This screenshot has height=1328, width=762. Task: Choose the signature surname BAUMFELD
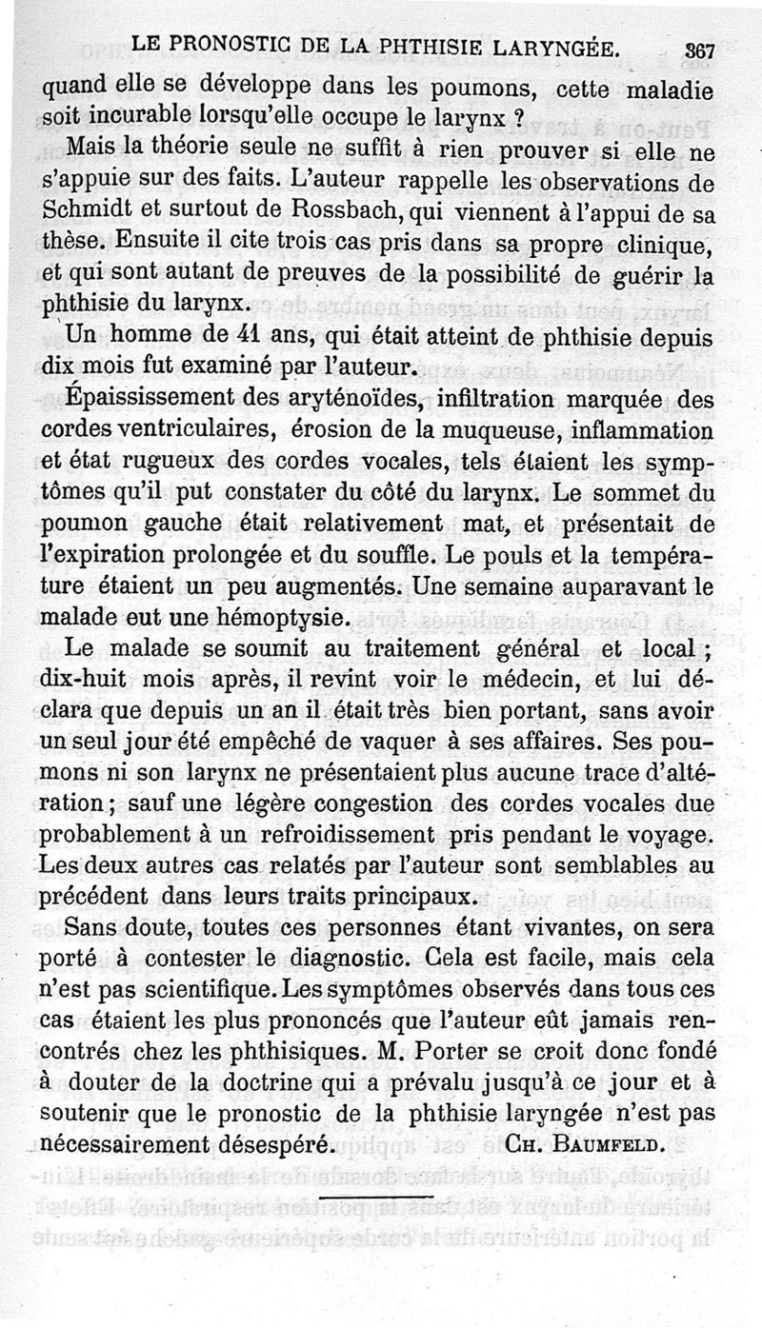pyautogui.click(x=619, y=1143)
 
